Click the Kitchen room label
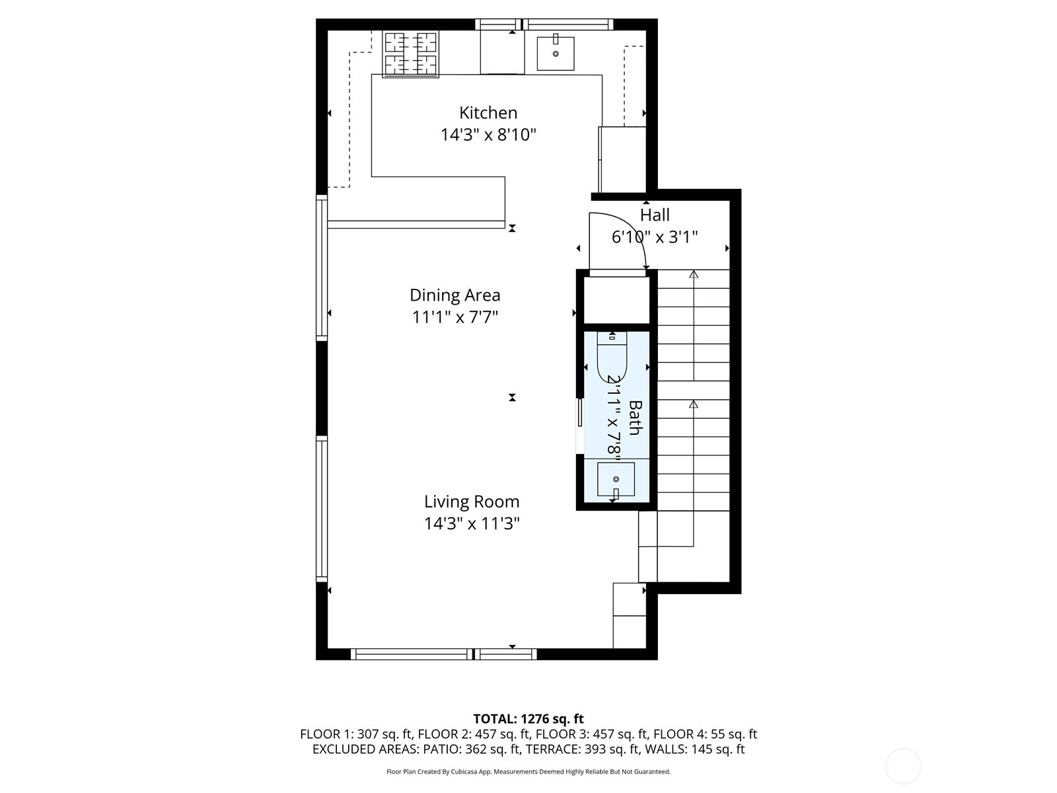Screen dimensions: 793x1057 click(x=488, y=112)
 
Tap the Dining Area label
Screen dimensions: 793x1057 click(x=455, y=295)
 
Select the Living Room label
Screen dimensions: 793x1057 click(x=471, y=502)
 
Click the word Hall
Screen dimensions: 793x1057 click(x=655, y=215)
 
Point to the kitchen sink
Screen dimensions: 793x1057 click(x=555, y=54)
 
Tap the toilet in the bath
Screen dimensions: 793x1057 click(x=612, y=357)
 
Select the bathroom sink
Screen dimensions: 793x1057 click(x=616, y=479)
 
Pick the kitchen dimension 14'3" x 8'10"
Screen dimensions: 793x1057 click(x=488, y=135)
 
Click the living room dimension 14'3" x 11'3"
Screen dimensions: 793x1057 click(x=471, y=524)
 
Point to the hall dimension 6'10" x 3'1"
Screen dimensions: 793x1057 click(x=655, y=237)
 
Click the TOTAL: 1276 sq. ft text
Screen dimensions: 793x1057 click(x=528, y=718)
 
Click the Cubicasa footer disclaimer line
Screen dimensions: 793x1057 click(x=528, y=772)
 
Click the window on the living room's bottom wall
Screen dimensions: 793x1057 click(x=443, y=654)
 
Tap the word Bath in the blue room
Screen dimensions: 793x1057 click(x=634, y=418)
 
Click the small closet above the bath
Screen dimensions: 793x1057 click(x=616, y=301)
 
